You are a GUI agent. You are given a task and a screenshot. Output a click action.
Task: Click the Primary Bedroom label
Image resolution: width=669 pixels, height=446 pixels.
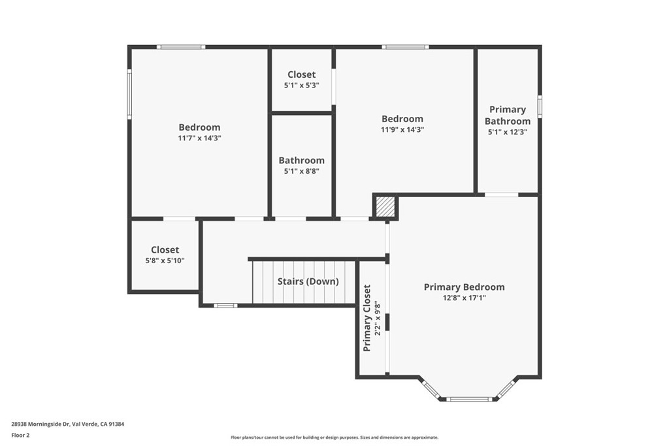click(464, 287)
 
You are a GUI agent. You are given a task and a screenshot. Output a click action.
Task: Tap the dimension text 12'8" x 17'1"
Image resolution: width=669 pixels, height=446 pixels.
click(464, 298)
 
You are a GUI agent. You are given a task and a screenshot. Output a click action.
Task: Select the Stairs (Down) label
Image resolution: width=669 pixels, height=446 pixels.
click(308, 281)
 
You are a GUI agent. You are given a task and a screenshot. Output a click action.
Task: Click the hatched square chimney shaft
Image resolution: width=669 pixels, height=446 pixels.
click(385, 207)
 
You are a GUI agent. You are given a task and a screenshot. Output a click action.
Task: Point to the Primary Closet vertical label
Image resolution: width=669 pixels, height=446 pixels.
click(367, 318)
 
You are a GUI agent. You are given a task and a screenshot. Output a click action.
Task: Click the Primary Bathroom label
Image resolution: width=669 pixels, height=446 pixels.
click(508, 116)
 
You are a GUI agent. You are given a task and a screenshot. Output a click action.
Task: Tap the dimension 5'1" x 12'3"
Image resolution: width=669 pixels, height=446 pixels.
click(508, 132)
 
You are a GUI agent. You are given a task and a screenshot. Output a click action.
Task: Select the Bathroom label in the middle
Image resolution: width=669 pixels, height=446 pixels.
click(301, 161)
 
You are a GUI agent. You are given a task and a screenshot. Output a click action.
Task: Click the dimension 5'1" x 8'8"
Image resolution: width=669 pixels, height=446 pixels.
click(301, 171)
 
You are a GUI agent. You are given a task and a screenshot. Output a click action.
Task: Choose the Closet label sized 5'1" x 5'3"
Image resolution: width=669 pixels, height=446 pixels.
click(301, 75)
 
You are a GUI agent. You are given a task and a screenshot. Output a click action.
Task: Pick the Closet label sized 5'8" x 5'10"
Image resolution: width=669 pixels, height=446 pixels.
click(165, 250)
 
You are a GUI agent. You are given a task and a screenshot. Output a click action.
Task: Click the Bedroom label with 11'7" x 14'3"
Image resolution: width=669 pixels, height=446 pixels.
click(199, 127)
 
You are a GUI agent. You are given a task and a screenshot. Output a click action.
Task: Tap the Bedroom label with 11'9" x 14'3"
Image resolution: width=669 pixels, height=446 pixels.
click(402, 119)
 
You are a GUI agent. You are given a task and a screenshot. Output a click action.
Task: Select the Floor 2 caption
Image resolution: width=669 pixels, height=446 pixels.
click(20, 435)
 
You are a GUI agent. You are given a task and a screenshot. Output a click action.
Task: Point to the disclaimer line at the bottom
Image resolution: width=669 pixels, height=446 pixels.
click(334, 438)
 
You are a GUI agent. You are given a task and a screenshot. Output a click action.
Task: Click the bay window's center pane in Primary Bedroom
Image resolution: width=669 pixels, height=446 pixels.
click(468, 398)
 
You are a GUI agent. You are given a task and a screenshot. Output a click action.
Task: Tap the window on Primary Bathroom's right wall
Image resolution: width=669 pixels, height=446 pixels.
click(540, 106)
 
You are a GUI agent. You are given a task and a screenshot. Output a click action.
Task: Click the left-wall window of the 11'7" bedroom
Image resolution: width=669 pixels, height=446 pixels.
click(129, 95)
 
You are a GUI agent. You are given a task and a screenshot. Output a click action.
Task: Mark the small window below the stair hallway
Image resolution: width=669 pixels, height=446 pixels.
click(225, 305)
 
